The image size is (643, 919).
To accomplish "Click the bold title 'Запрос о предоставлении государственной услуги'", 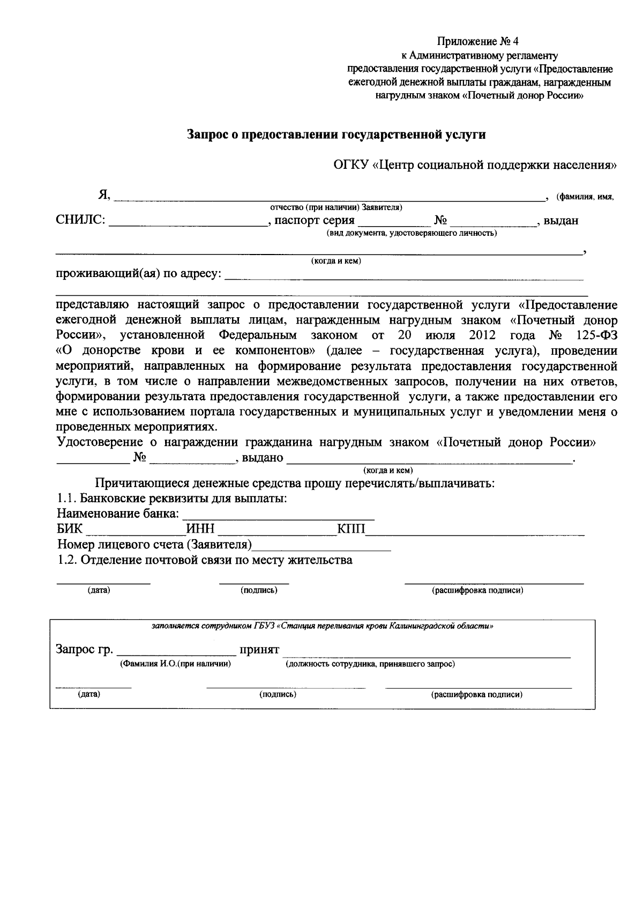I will click(336, 135).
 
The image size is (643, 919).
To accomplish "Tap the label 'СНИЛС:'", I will click(80, 220).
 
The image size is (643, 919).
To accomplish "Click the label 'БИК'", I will click(70, 530).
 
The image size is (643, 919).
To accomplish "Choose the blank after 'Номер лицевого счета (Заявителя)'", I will click(322, 548).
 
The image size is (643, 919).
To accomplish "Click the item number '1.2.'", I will click(68, 561).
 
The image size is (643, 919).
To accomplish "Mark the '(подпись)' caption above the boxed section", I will click(259, 591).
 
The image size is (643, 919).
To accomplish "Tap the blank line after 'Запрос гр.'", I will click(176, 654).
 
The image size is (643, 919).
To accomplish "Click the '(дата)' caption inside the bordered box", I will click(89, 694).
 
